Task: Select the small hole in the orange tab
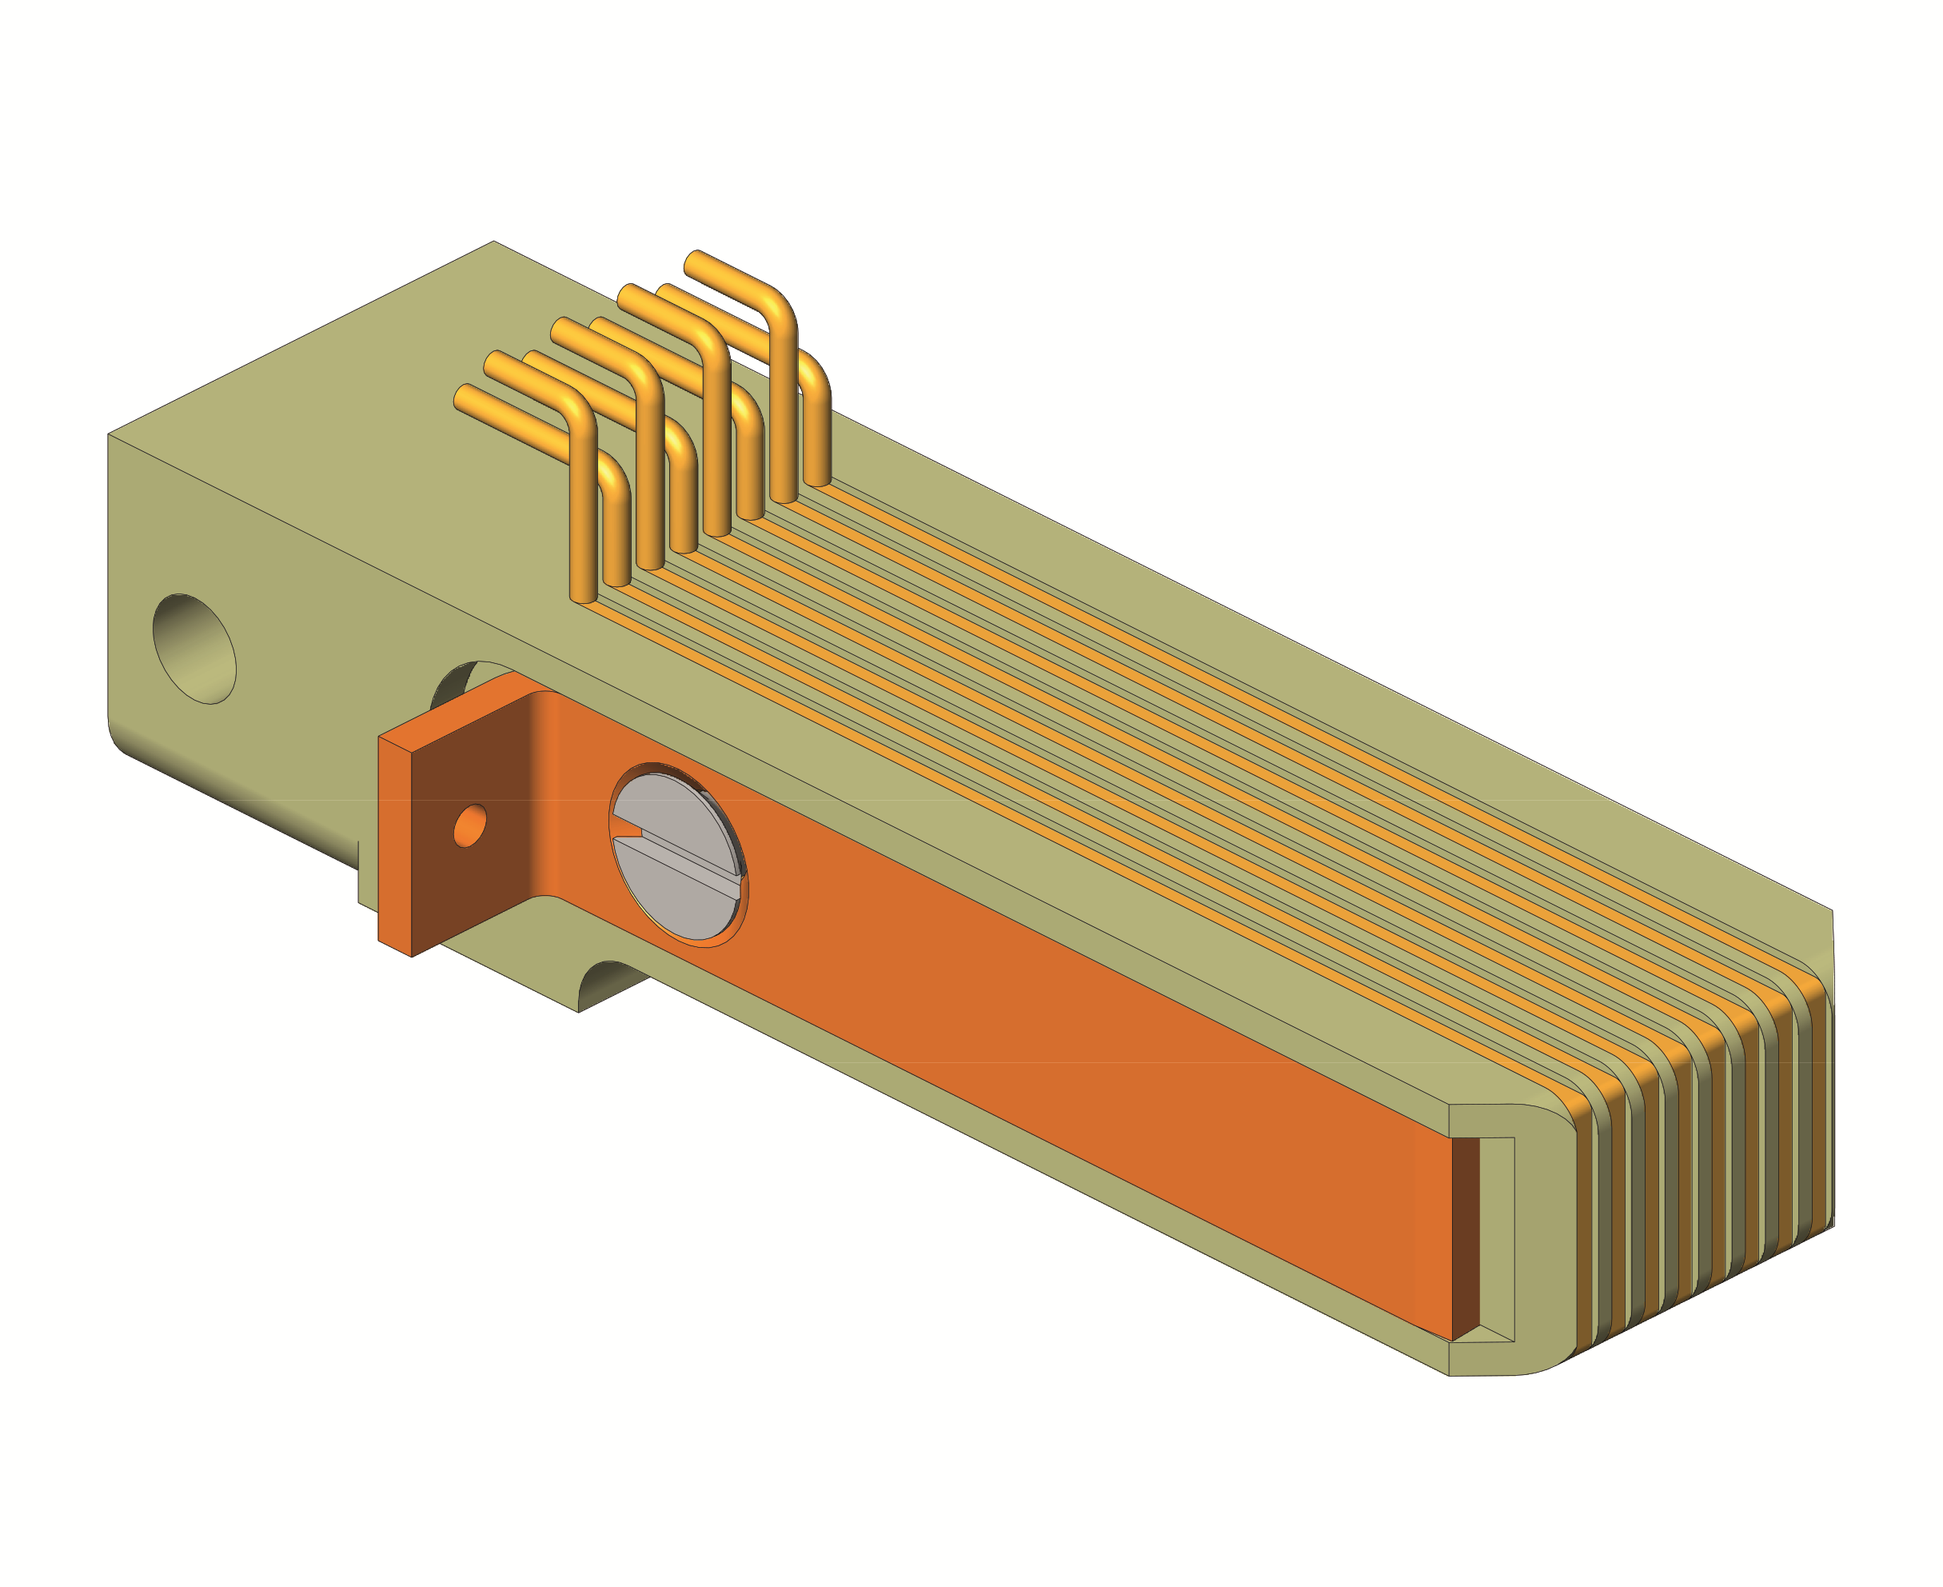click(x=469, y=825)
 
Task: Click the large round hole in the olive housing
click(x=194, y=648)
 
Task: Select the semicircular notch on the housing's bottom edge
click(x=611, y=983)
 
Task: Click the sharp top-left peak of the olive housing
click(x=493, y=242)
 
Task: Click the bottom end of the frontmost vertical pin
click(x=583, y=600)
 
